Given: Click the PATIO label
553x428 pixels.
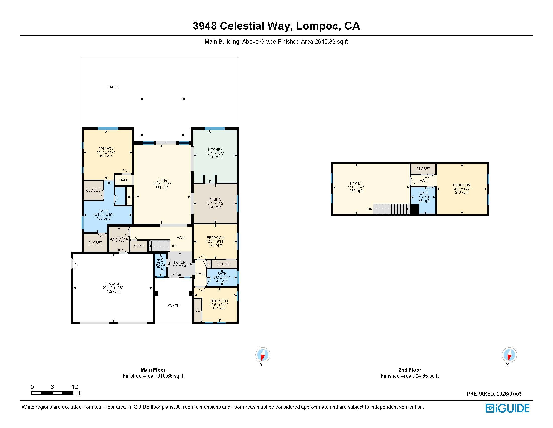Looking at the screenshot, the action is (112, 87).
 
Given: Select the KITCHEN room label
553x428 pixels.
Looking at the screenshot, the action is (215, 150).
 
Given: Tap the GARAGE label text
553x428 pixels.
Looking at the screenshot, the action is (113, 284).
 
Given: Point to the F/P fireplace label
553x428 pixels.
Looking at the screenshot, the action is (136, 196).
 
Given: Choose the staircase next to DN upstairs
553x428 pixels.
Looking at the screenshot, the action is (391, 209).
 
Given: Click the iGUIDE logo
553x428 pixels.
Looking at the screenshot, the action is (508, 408).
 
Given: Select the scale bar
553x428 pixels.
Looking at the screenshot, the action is (53, 393).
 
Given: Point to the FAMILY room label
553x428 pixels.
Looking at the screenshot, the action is (356, 183).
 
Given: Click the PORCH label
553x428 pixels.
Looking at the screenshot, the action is (173, 306).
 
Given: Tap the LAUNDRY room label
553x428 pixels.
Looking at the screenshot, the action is (119, 238).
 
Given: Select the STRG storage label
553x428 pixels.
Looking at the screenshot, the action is (139, 246).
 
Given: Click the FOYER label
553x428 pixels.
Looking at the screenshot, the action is (180, 262).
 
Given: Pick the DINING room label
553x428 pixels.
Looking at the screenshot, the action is (215, 200).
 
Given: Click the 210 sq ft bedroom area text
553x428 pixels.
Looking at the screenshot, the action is (462, 192).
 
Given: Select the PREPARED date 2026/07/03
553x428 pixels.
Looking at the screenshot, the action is (509, 394).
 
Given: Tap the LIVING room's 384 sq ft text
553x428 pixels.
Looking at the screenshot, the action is (162, 188).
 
